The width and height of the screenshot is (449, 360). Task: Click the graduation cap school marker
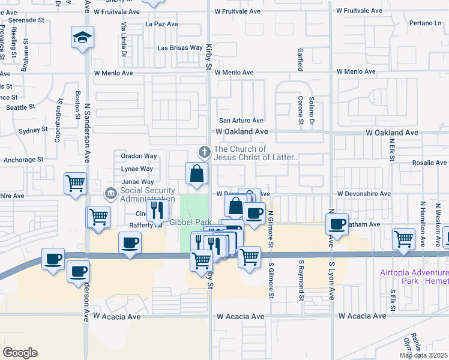coord(80,38)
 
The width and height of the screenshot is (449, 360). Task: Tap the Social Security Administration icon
coord(110,193)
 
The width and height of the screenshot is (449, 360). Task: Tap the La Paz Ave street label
coord(161,24)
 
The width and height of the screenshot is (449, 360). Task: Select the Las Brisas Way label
coord(179,47)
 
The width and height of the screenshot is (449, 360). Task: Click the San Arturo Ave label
coord(241,121)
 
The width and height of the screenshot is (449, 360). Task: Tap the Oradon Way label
coord(139,156)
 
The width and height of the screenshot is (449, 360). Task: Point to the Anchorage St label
coord(23,160)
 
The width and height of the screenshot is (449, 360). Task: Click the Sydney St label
coord(33,130)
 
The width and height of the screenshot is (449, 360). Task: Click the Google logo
coord(20,353)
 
